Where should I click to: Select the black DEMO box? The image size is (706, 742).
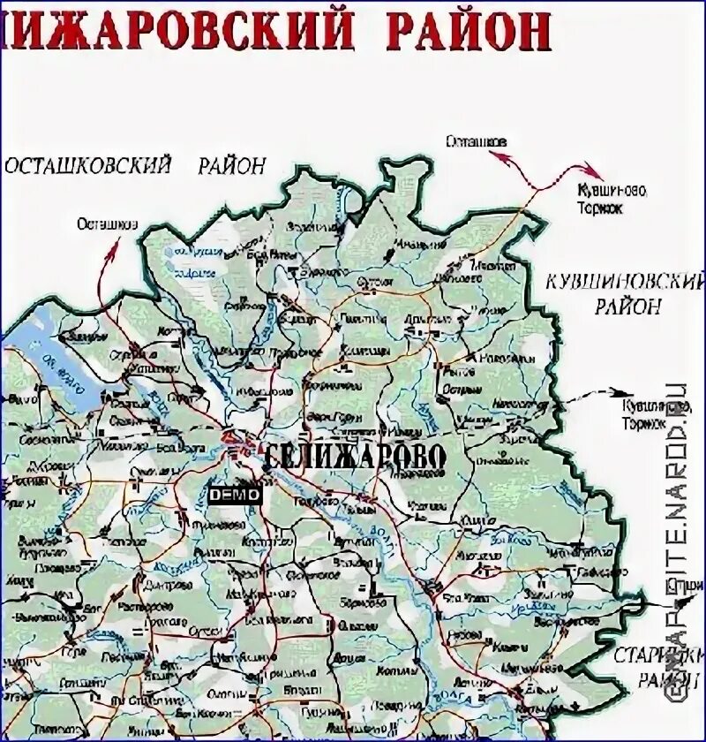pos(235,496)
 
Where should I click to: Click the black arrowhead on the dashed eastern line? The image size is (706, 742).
pos(628,393)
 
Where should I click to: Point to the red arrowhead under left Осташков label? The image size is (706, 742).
pos(115,249)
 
